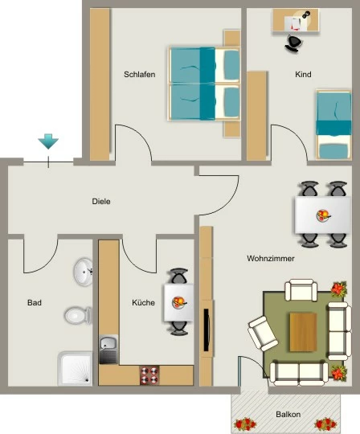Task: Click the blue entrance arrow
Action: (48, 141)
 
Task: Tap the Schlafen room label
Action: (140, 75)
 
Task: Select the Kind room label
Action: (303, 74)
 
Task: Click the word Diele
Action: (101, 201)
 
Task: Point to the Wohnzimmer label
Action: (271, 259)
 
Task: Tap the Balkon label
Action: (288, 415)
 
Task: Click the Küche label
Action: (143, 302)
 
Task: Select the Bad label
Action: (35, 302)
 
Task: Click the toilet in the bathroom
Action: (78, 315)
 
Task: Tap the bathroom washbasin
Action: (83, 272)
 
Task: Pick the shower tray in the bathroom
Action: (75, 368)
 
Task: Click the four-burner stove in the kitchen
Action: (149, 375)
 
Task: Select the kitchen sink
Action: (108, 350)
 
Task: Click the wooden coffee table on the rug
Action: (303, 332)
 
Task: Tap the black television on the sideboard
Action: (207, 330)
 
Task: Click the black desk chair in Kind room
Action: (293, 43)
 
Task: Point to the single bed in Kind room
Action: (333, 125)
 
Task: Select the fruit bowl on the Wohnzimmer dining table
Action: (323, 215)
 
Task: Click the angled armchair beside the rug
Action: (263, 334)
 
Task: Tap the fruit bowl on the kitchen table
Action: (179, 302)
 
